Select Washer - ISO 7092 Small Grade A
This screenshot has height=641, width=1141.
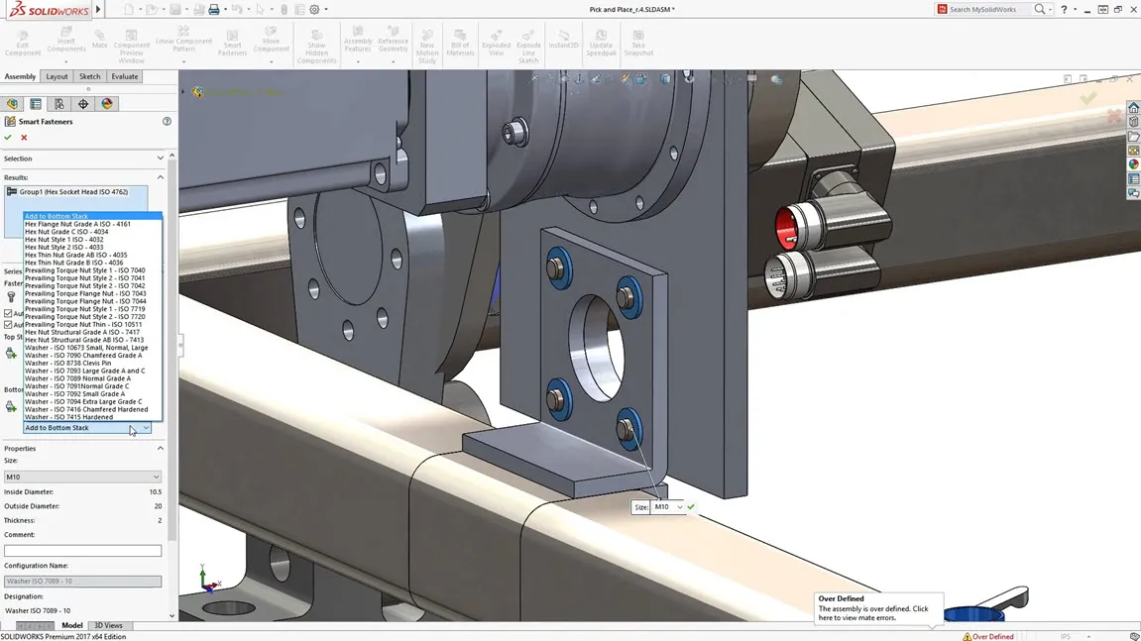(75, 394)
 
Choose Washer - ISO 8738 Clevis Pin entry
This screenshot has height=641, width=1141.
(67, 364)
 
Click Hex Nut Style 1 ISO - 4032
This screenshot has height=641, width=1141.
(63, 240)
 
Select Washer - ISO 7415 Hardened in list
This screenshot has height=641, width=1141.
(68, 417)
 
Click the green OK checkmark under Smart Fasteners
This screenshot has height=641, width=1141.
(8, 138)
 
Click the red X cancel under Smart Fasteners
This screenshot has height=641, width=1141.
(24, 138)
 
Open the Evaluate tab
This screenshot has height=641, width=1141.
(125, 76)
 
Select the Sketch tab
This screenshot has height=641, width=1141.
(89, 76)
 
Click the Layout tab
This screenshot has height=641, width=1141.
(57, 76)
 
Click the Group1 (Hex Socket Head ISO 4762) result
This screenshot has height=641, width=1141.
(73, 192)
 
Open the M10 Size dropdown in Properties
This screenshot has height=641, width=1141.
(82, 477)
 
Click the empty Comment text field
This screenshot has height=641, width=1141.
(82, 551)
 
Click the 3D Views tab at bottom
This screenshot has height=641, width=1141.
(108, 626)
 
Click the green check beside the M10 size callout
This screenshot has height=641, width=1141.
(691, 507)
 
